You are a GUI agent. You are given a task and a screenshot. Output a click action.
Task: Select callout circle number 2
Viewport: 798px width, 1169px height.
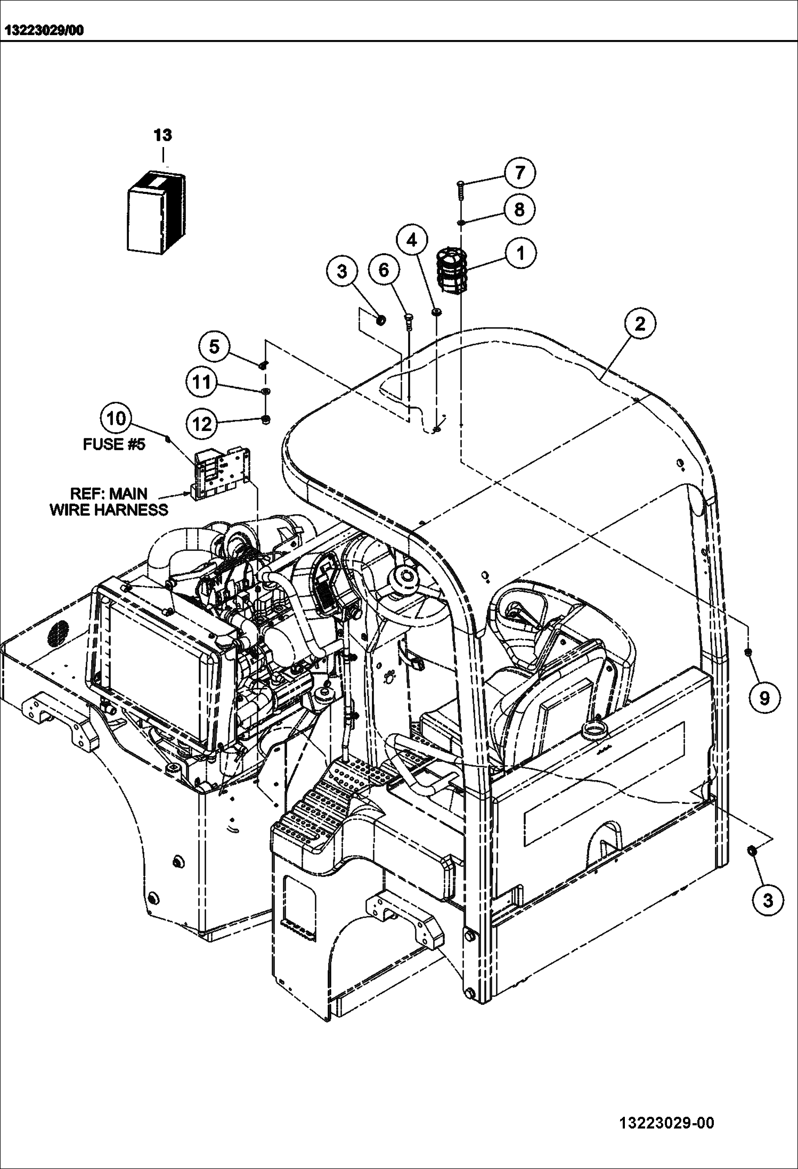(x=639, y=323)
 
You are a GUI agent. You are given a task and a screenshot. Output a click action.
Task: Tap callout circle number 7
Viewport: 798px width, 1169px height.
(x=519, y=173)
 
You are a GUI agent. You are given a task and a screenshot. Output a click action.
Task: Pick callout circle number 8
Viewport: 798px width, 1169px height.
(x=519, y=209)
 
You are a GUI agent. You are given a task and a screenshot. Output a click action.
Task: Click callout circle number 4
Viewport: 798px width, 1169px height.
(x=411, y=241)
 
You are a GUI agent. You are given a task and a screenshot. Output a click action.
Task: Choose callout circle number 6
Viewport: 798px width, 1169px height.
(x=384, y=270)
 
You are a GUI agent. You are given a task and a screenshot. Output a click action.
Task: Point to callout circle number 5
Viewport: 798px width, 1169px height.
(x=214, y=347)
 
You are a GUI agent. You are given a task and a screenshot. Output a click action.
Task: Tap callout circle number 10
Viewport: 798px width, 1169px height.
(x=116, y=418)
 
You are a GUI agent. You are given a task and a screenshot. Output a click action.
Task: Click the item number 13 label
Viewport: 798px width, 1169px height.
(x=163, y=135)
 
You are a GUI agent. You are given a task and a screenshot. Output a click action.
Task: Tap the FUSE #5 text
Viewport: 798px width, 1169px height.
(x=113, y=444)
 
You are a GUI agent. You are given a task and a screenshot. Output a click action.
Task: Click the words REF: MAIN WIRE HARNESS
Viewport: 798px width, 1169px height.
(x=109, y=501)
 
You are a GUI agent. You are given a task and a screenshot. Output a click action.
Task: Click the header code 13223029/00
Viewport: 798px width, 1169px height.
(x=44, y=30)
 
